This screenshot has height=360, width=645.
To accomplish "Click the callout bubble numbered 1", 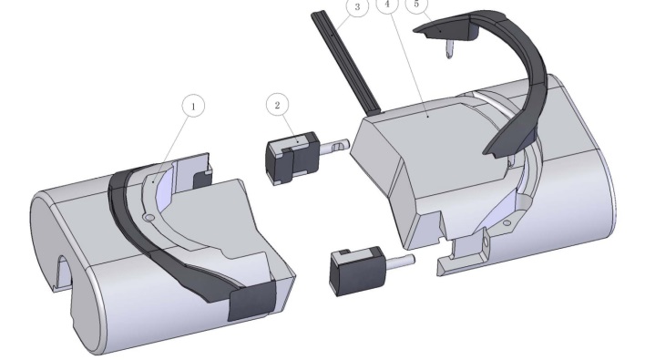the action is click(x=193, y=106).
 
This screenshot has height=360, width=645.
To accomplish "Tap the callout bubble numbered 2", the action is click(x=277, y=105).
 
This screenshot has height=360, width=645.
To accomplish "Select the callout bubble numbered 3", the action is click(x=357, y=7).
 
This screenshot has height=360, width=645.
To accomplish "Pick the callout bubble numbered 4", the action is click(x=387, y=5).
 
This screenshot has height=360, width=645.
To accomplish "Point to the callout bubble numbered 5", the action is click(x=416, y=5).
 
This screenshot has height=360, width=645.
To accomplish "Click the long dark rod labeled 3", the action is click(x=345, y=62).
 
